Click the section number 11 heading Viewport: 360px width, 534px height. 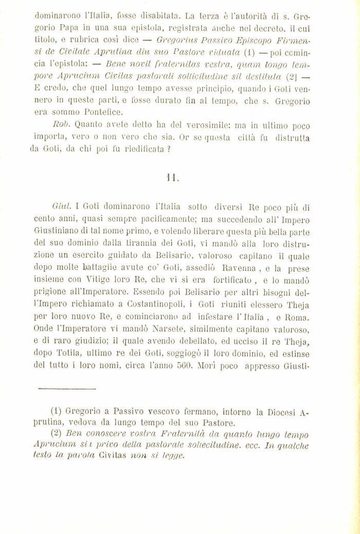click(172, 178)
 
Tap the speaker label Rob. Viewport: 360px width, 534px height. click(61, 124)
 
